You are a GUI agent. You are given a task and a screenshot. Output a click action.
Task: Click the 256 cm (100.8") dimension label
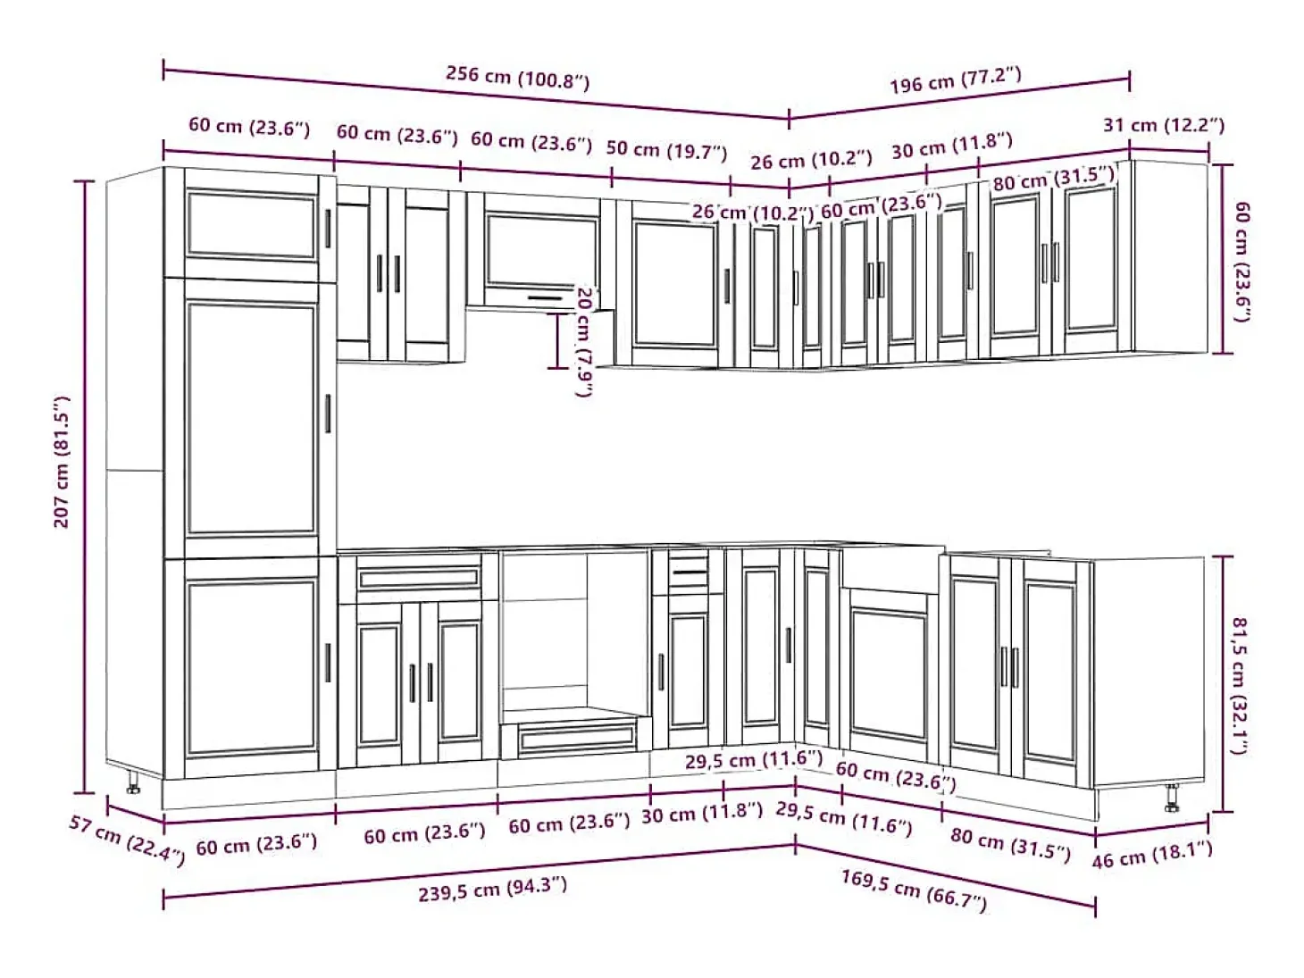tap(517, 77)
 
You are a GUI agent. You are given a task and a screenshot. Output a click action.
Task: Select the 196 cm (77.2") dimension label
tap(956, 79)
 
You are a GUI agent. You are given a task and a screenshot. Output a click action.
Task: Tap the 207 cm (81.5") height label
tap(62, 462)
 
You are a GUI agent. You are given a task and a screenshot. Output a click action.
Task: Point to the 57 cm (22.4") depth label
tap(127, 840)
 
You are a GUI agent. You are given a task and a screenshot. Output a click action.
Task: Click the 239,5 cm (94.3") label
tap(492, 890)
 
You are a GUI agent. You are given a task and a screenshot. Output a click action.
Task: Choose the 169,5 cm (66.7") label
tap(914, 890)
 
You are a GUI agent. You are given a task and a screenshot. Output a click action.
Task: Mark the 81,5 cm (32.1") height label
tap(1239, 685)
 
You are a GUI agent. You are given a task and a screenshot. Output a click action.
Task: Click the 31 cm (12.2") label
tap(1164, 125)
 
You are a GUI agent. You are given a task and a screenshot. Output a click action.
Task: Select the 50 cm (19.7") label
tap(666, 150)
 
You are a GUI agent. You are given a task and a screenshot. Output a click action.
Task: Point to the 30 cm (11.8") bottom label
tap(702, 813)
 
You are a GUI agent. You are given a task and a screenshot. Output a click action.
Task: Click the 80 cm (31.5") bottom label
tap(1010, 844)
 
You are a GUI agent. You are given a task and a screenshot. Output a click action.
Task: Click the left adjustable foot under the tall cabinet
tap(133, 782)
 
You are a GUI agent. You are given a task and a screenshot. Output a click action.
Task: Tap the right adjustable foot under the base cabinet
tap(1172, 798)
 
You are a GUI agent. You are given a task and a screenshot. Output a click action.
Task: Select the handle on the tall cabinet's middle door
tap(328, 414)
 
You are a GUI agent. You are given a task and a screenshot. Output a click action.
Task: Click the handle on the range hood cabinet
tap(546, 298)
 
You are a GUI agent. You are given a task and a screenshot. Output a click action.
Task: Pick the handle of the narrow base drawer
tap(690, 573)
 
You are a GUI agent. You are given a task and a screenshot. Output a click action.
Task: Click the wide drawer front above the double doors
tap(418, 578)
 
